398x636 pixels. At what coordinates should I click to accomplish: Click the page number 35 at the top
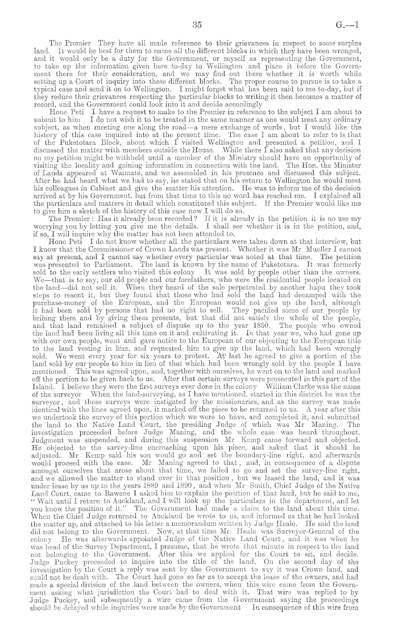[198, 24]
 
